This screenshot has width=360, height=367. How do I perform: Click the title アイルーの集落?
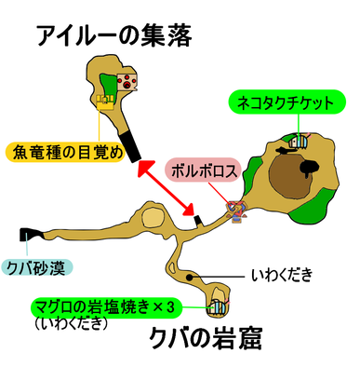click(113, 37)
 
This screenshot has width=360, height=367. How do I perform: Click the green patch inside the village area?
click(111, 83)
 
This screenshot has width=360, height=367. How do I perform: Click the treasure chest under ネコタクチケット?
click(298, 142)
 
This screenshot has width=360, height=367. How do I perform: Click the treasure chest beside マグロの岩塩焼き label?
click(217, 305)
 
